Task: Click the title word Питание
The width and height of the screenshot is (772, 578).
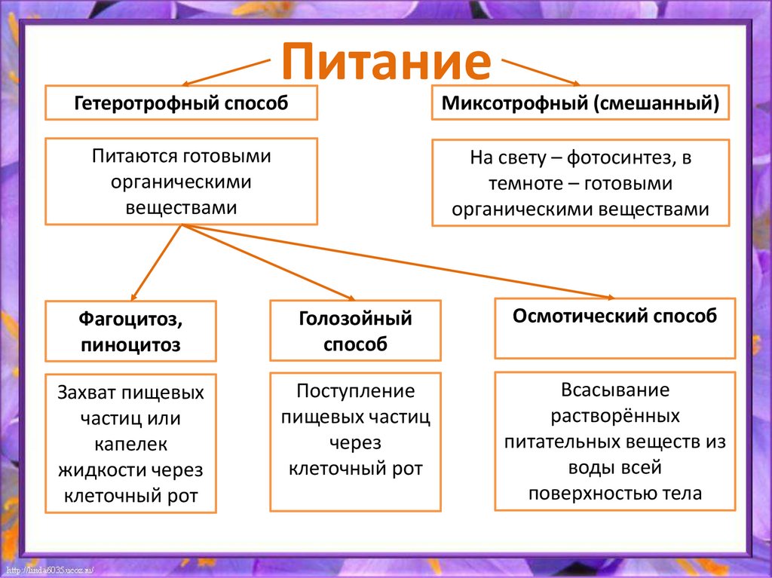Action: click(386, 62)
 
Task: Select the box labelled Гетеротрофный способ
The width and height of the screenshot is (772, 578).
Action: click(181, 102)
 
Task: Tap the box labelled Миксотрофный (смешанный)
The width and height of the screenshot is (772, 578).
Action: click(581, 102)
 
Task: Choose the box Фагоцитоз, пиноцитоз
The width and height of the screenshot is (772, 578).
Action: click(130, 332)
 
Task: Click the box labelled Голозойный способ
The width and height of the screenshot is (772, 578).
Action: click(356, 331)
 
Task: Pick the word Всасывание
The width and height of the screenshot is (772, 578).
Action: click(615, 390)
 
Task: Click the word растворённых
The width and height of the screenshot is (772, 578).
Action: click(615, 415)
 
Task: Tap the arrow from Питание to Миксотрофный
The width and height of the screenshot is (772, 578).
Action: click(540, 71)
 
